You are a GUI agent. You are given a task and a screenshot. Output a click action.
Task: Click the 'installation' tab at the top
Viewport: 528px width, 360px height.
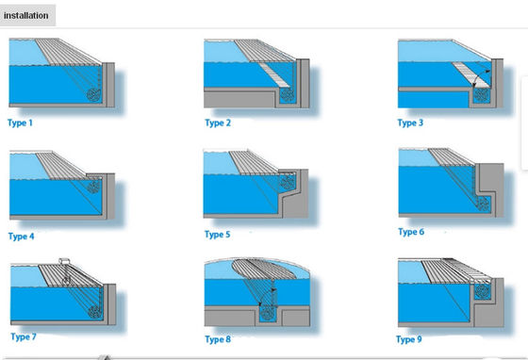[x=28, y=15]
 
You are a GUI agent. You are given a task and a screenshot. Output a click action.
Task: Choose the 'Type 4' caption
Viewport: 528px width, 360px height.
[x=22, y=236]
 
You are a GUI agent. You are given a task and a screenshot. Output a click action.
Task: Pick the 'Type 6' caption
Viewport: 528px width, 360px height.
[x=411, y=231]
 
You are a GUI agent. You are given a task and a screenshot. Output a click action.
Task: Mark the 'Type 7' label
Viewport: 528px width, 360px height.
[x=24, y=336]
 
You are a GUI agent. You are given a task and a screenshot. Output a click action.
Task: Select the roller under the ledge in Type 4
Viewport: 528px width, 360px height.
[x=93, y=188]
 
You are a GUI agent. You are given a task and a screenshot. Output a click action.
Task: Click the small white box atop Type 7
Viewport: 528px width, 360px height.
[x=65, y=260]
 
